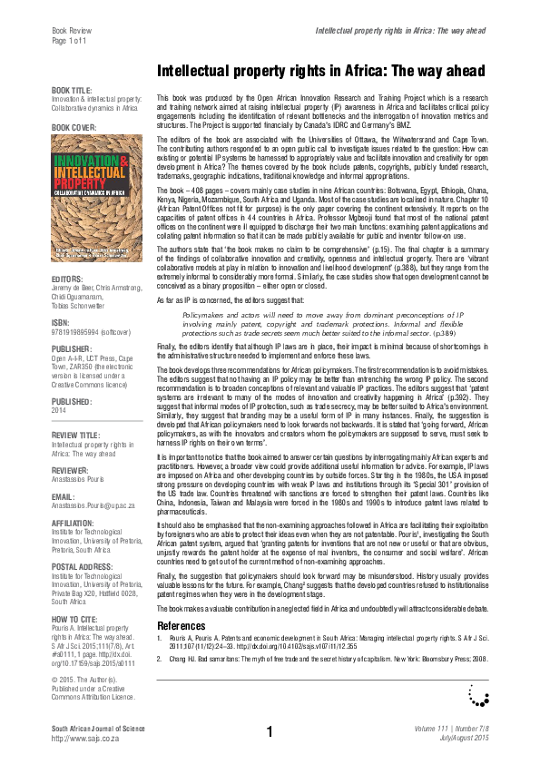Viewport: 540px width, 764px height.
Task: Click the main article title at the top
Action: coord(320,71)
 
